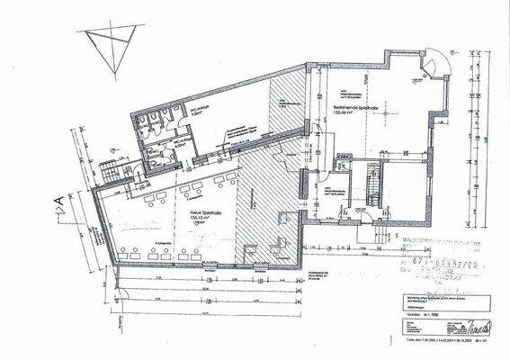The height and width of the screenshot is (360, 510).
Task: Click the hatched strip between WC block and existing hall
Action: (286, 108)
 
